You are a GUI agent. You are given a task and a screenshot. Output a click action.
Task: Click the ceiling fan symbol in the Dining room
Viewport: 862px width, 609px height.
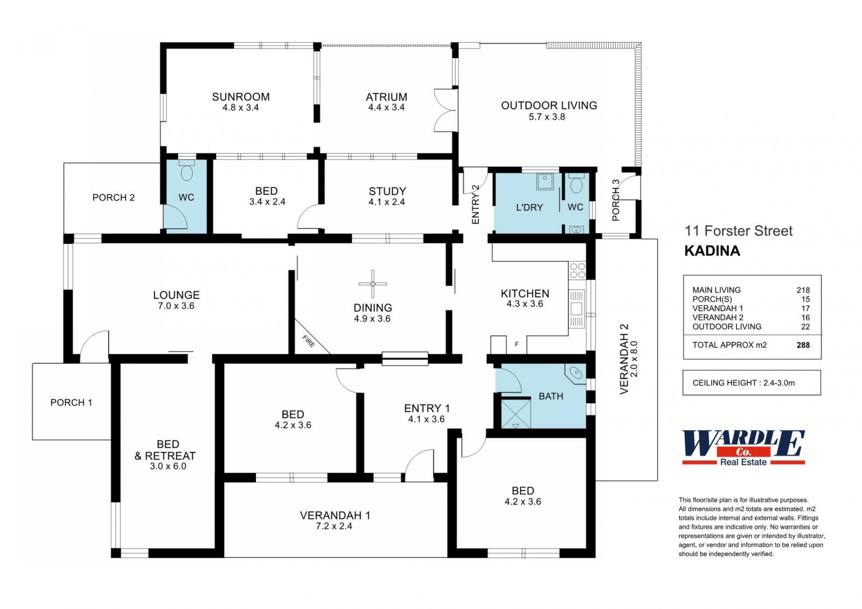pos(372,284)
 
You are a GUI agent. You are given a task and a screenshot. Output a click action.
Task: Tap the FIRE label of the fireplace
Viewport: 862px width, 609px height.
pos(309,341)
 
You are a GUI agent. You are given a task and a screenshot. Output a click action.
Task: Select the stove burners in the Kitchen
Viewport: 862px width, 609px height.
pos(577,270)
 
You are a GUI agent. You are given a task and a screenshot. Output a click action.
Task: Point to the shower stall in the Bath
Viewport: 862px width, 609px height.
pos(516,414)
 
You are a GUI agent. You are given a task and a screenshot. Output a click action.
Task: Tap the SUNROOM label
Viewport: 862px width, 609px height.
pos(241,96)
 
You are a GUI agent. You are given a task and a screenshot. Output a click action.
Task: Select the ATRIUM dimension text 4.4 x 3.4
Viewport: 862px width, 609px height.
pos(386,108)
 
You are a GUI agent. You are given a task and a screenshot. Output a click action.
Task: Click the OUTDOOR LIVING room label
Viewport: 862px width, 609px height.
pos(549,106)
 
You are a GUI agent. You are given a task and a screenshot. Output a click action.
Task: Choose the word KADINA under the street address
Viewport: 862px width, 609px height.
pos(712,251)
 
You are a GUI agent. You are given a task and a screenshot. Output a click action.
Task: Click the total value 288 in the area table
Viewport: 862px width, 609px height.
pos(803,345)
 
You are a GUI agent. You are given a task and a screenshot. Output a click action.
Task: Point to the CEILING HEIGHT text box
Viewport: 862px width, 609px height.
pos(752,382)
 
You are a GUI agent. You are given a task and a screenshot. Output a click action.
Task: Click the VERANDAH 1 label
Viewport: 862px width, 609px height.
pos(335,515)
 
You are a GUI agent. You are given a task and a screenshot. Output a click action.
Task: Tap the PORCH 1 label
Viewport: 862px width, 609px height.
pos(71,402)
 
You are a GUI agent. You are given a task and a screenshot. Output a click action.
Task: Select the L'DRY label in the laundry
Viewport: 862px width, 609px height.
pos(530,207)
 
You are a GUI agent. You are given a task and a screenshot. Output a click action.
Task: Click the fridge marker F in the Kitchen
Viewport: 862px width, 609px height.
pos(517,344)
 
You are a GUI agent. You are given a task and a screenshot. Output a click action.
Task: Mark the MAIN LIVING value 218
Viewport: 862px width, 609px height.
pos(803,290)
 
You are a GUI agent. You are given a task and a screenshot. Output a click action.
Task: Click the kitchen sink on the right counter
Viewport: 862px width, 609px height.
pos(576,309)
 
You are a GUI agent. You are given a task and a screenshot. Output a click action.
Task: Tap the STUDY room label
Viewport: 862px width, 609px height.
pos(387,191)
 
